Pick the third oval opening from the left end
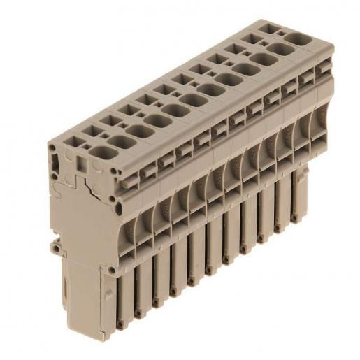click(x=154, y=120)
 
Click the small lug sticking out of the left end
click(x=54, y=246)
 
